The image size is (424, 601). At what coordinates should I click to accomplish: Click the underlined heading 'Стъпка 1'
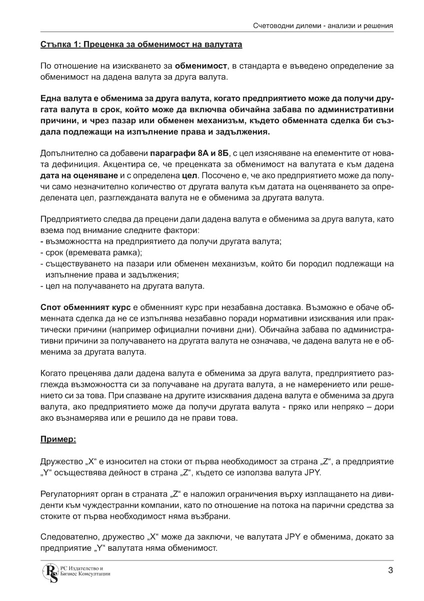coord(141,45)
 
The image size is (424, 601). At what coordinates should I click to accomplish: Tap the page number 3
coord(390,570)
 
